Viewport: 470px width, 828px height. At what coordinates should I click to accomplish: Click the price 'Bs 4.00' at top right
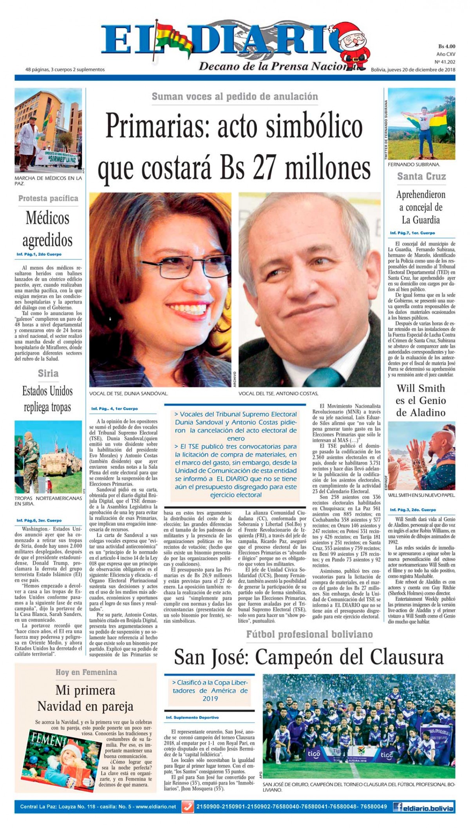coord(446,47)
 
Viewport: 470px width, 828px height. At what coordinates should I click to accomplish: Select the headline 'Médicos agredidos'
coord(48,229)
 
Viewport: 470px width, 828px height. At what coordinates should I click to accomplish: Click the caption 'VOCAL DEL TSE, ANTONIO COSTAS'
coord(278,393)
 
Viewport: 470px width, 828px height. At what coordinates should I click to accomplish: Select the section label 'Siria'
coord(48,373)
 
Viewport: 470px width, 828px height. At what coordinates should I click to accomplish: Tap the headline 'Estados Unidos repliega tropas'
coord(47,399)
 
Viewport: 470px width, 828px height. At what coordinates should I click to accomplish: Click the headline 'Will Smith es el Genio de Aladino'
coord(421,400)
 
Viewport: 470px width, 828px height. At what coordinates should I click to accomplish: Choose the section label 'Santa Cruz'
coord(421,176)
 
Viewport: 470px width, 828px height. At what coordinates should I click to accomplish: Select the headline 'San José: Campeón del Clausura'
coord(309,657)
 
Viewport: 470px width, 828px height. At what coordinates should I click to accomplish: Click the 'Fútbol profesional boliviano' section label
coord(309,634)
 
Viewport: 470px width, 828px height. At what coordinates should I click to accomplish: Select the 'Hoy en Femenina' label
coord(86,672)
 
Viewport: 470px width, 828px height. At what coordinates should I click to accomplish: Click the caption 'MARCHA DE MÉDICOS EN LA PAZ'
coord(48,180)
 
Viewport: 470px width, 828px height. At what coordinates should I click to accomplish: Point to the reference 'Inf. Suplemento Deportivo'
coord(192,717)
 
